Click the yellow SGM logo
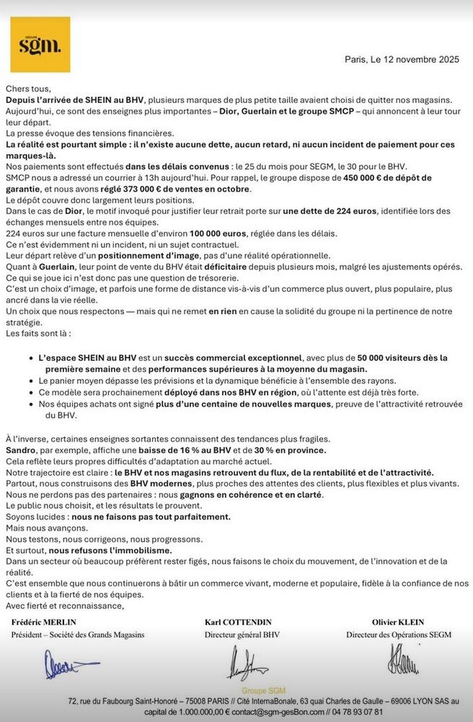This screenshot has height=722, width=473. coord(40,45)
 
